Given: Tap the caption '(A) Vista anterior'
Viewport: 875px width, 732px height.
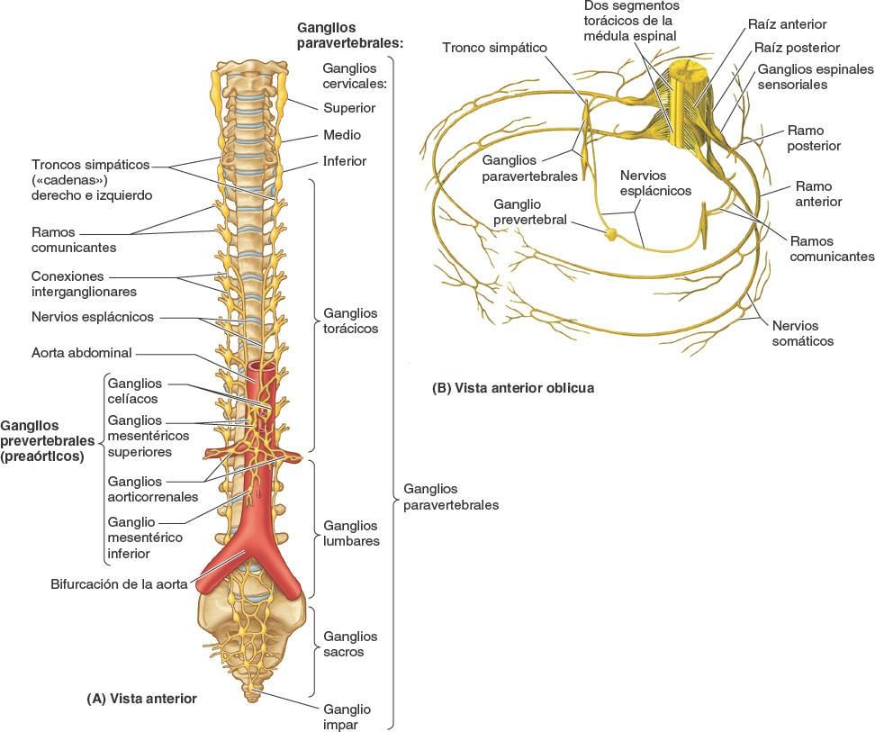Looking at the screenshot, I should coord(141,698).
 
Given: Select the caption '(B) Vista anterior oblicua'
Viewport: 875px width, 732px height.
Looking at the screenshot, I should coord(513,388).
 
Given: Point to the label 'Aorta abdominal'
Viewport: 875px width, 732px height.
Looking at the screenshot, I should coord(82,353).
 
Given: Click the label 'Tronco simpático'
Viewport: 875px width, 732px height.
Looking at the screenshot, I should coord(494,47).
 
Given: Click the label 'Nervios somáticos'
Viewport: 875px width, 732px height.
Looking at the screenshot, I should coord(803,332).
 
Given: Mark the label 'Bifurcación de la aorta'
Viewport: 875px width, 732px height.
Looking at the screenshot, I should coord(119,583).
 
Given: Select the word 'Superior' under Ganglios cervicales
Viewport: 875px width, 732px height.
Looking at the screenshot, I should coord(349,108).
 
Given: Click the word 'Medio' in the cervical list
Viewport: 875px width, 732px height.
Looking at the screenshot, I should coord(342,135).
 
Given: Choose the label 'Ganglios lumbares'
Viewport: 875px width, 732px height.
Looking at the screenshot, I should coord(351,533).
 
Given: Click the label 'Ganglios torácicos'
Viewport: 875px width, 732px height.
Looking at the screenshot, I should coord(350,321).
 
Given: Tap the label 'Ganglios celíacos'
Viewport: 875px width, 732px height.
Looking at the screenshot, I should coord(134,390).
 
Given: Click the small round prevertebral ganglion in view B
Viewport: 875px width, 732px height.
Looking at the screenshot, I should coord(611,234).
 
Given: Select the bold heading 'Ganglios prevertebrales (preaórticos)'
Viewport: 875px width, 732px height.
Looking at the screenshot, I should coord(47,440).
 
